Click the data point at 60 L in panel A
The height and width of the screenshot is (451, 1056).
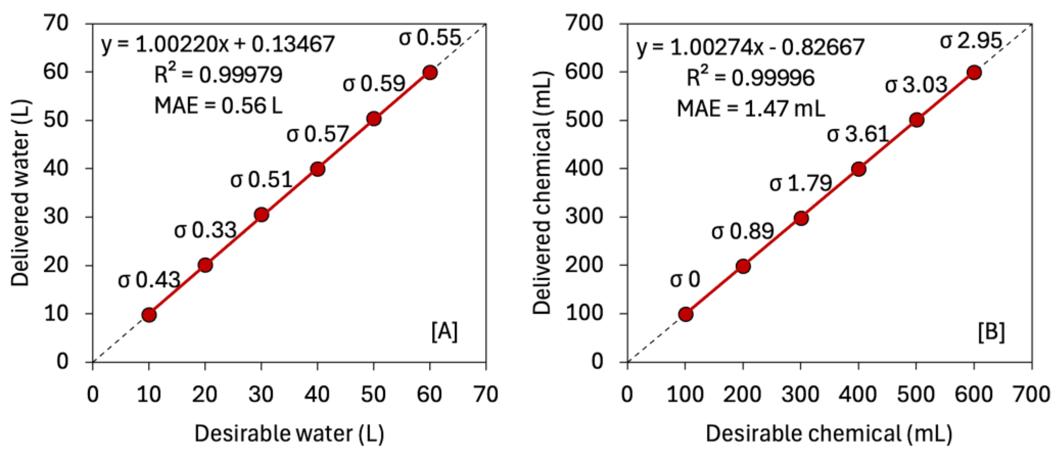tap(429, 72)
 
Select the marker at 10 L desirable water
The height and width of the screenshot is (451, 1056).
tap(149, 315)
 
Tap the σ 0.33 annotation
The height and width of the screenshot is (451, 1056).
tap(205, 230)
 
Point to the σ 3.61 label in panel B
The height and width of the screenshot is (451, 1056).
tap(858, 134)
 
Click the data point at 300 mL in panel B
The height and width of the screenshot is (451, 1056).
tap(801, 218)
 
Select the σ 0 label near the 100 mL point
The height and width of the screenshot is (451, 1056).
tap(685, 280)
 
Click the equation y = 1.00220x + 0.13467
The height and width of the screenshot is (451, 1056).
tap(218, 44)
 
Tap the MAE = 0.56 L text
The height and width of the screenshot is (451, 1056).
tap(218, 106)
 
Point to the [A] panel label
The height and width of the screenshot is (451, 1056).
tap(444, 332)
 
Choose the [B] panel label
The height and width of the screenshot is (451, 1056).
tap(991, 332)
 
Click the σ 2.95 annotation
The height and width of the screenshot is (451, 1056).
tap(970, 41)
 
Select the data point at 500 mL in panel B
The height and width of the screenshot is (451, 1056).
tap(916, 120)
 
